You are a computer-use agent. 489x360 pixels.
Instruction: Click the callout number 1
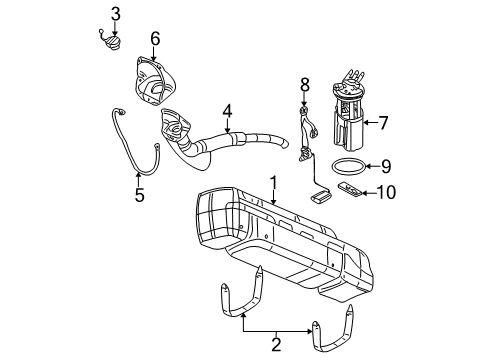(x=271, y=183)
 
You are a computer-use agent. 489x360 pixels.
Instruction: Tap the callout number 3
(x=116, y=13)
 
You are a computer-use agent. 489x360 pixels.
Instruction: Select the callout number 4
(x=228, y=112)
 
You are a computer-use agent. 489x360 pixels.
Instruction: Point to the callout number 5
(x=139, y=195)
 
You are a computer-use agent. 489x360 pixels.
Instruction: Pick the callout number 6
(x=155, y=39)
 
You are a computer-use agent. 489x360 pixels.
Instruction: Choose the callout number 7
(x=383, y=123)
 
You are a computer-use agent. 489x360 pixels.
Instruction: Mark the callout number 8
(x=306, y=85)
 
